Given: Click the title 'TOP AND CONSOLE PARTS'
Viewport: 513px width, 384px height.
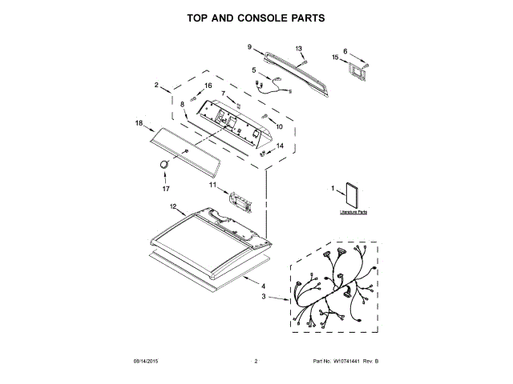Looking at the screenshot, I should (256, 17).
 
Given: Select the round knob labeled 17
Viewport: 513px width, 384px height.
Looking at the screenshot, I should (164, 163).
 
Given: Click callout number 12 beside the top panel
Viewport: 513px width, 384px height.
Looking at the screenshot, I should (172, 206).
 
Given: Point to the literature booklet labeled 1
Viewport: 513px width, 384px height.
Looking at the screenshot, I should (351, 196).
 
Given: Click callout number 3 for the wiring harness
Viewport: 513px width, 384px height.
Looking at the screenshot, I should (262, 297).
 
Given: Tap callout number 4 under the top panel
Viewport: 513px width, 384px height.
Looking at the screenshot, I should (265, 284).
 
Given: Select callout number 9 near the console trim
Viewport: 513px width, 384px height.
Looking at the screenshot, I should (249, 47).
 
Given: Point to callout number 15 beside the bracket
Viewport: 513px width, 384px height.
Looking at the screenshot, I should (335, 56).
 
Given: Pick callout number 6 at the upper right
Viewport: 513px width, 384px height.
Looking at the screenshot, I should (345, 51).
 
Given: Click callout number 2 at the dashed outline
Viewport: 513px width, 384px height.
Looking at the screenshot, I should (157, 84).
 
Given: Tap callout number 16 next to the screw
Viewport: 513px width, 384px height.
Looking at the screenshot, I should (208, 86).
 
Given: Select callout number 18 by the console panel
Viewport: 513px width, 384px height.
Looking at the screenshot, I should (139, 123).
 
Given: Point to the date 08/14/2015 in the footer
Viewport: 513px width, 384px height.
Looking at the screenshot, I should (145, 362).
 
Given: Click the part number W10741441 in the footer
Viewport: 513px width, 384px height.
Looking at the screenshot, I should (341, 362).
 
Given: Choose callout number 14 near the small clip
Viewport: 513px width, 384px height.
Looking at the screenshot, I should (280, 146).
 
